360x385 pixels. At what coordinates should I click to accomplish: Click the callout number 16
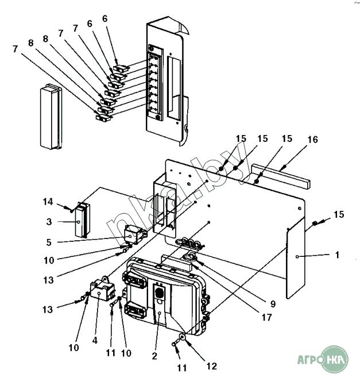[x=312, y=140]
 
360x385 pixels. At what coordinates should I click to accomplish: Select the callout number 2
[x=154, y=356]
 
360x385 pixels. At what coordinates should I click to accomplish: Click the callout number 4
[x=95, y=340]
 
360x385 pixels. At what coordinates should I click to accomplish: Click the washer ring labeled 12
[x=181, y=337]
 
